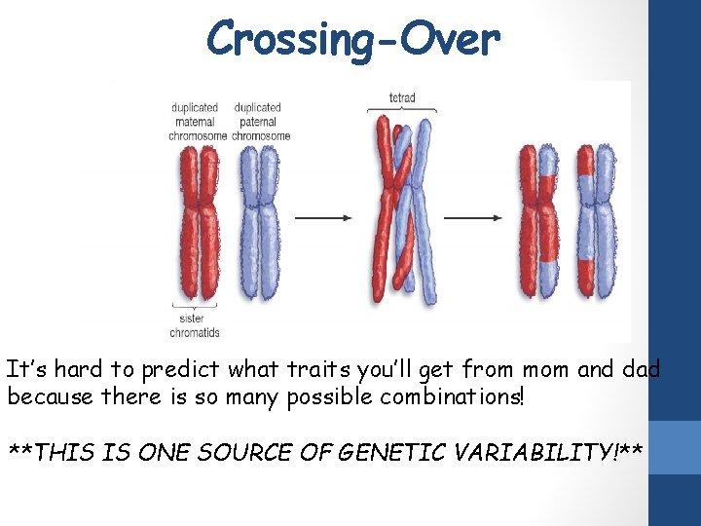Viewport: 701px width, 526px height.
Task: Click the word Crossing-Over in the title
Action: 352,39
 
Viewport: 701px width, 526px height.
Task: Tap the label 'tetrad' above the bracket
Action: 401,97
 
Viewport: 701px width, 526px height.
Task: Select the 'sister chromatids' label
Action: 195,324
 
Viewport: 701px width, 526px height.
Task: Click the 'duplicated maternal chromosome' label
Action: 197,122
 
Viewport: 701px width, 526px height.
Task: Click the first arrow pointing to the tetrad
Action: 322,217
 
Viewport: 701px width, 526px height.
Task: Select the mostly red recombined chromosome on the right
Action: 538,219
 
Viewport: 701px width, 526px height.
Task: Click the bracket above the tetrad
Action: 401,110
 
